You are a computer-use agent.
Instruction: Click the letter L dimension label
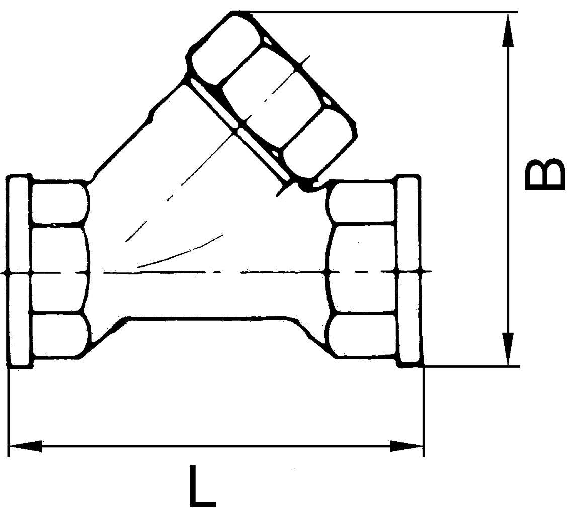click(202, 486)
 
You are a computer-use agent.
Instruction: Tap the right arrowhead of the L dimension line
click(407, 446)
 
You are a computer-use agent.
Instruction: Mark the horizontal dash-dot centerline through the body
click(211, 273)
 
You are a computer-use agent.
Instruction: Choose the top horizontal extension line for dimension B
click(377, 12)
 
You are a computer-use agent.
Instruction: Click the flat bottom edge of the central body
click(206, 318)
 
